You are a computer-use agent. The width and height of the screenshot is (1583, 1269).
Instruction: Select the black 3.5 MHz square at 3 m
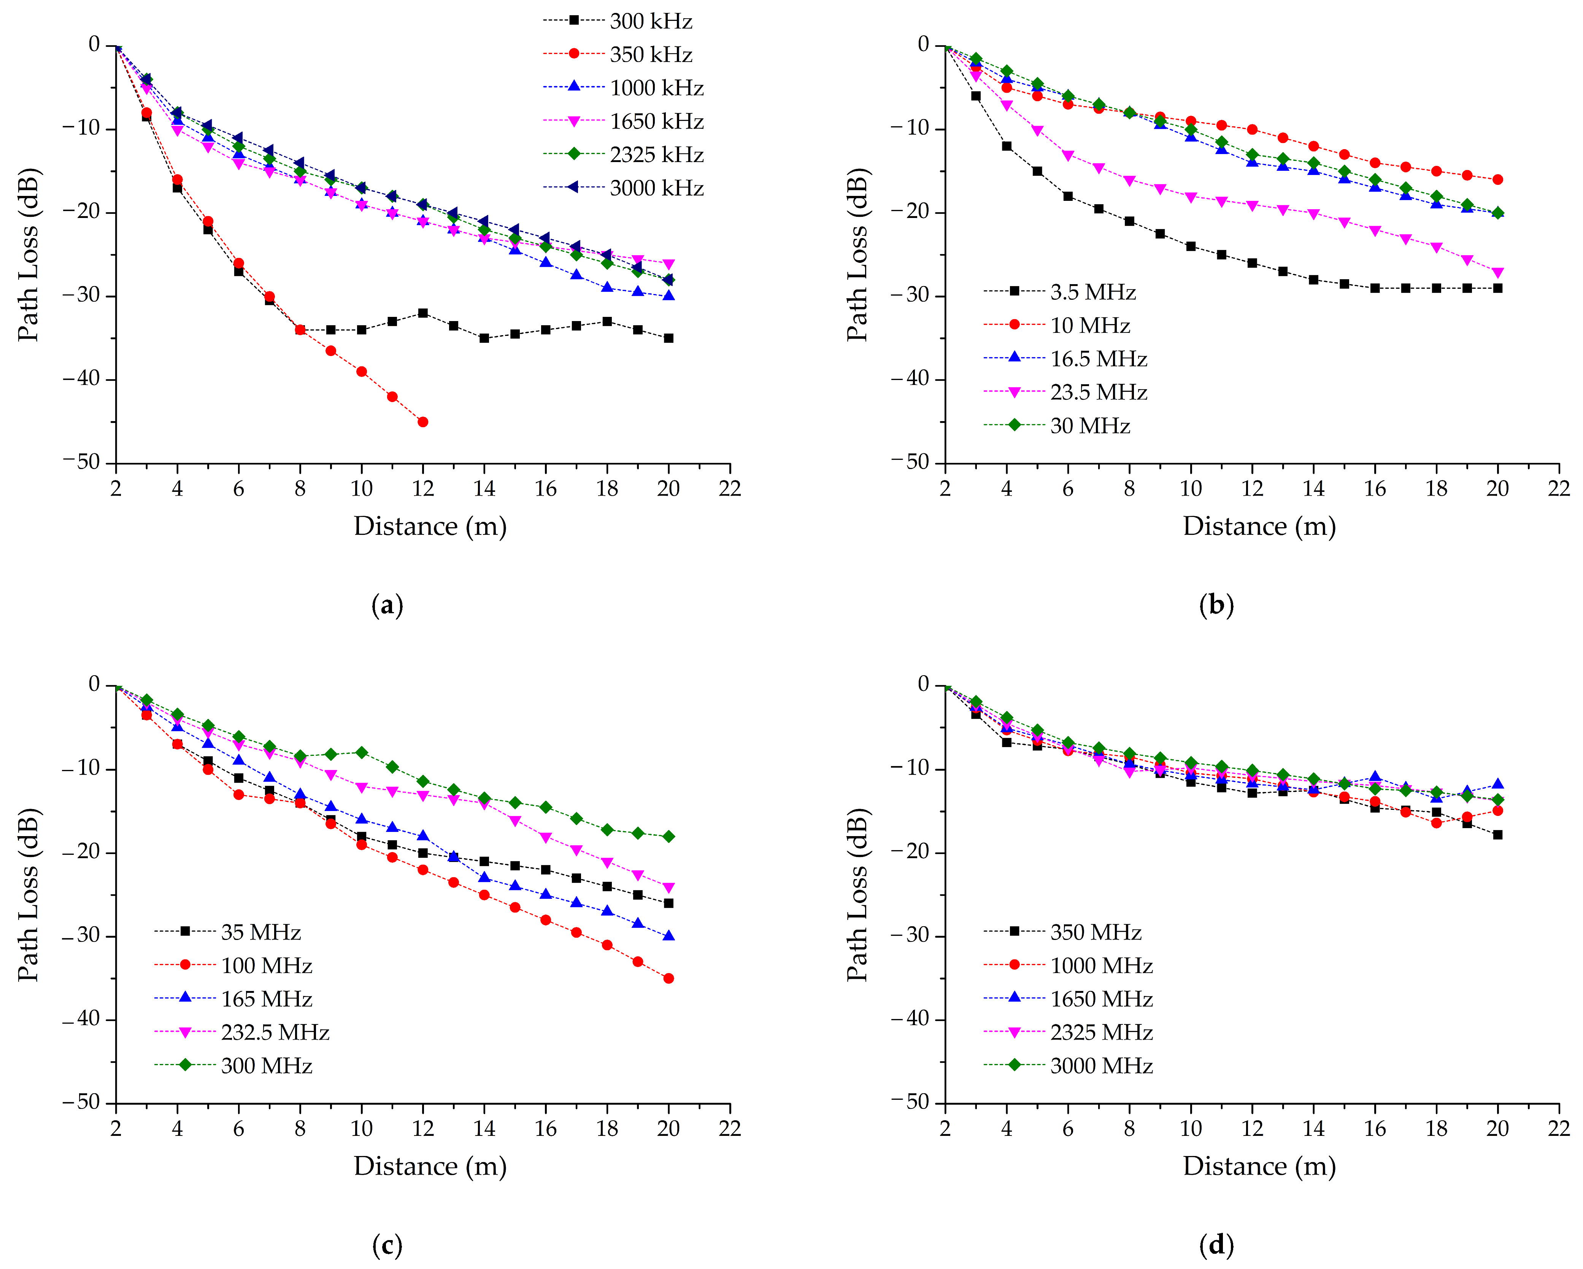tap(976, 95)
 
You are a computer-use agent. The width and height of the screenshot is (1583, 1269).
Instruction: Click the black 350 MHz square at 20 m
tap(1498, 835)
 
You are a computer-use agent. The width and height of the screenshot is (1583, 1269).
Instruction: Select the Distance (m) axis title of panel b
tap(1259, 526)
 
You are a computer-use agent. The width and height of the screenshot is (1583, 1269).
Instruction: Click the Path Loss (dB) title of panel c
tap(28, 894)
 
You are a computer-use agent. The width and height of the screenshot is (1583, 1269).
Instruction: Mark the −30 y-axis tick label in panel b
tap(910, 295)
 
